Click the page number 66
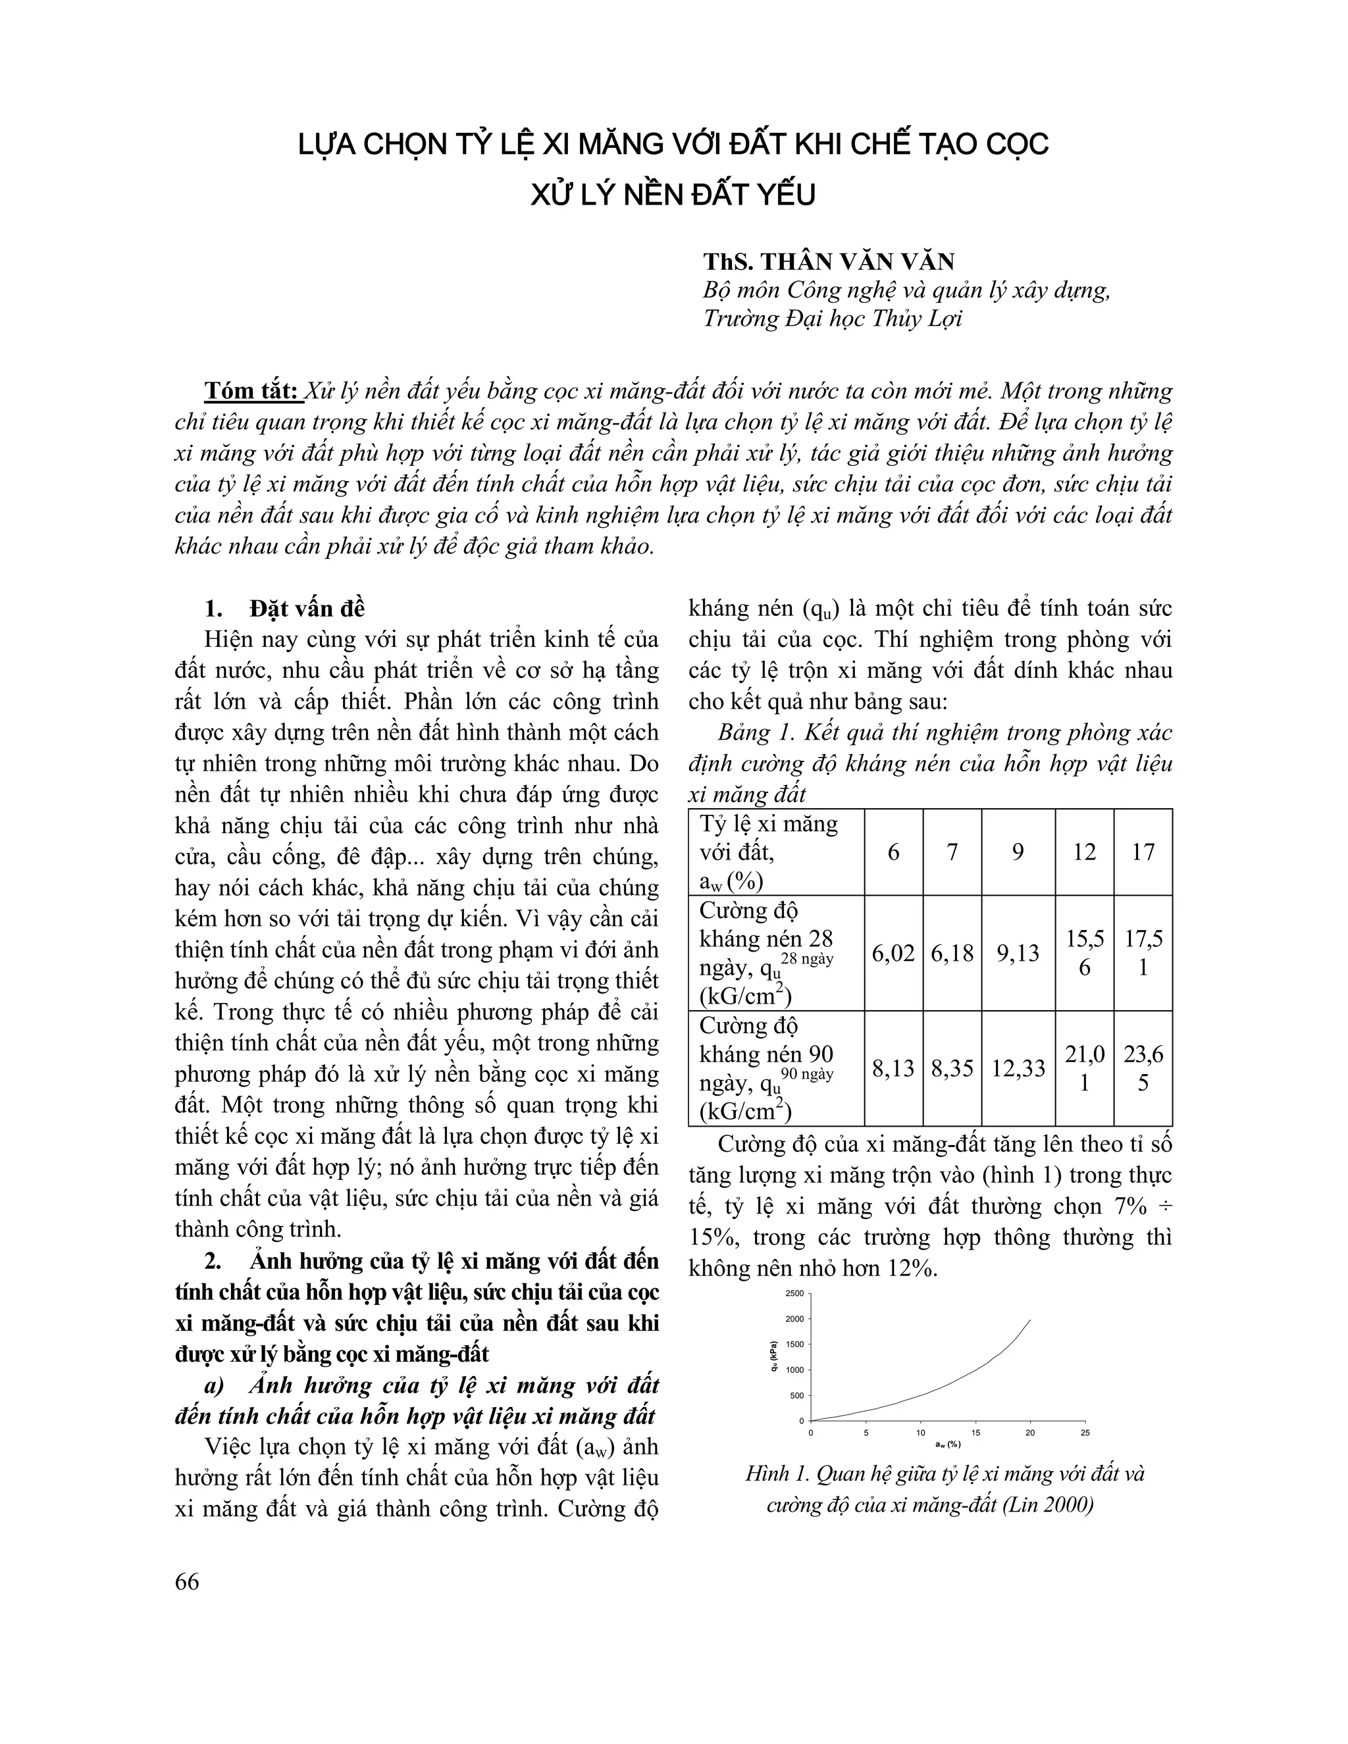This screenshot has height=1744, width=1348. click(187, 1581)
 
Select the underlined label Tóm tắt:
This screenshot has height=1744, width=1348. click(252, 392)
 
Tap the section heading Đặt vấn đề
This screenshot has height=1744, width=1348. click(307, 609)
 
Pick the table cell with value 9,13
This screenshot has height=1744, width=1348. click(1018, 953)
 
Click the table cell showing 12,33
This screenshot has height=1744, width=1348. click(1018, 1068)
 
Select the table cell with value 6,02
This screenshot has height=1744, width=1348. click(893, 953)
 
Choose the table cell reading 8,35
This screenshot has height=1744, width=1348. click(952, 1068)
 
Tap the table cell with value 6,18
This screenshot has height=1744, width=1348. click(952, 953)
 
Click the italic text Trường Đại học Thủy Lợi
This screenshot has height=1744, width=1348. click(832, 319)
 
